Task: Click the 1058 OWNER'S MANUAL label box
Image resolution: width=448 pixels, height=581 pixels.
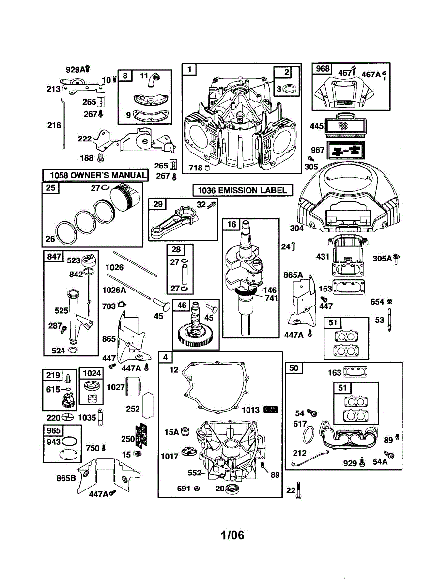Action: [94, 175]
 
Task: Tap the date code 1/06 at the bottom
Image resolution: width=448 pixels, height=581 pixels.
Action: [232, 535]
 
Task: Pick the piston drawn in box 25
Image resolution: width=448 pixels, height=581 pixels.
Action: [126, 199]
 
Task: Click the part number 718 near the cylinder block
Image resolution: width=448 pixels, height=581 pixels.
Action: [196, 168]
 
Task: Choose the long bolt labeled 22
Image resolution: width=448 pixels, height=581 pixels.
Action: [298, 490]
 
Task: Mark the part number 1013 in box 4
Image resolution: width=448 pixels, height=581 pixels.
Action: [251, 410]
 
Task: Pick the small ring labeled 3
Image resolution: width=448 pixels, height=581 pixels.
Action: [289, 89]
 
